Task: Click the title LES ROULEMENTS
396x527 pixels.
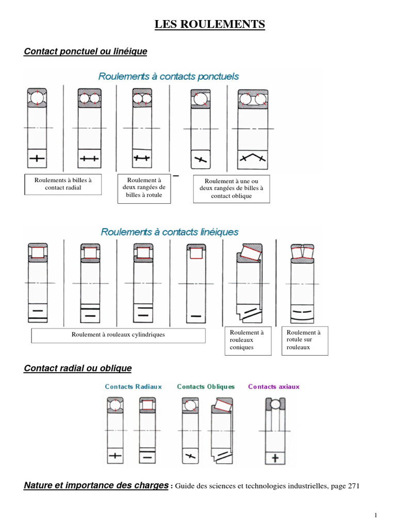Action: (210, 24)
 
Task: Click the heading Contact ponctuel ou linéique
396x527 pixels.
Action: (86, 51)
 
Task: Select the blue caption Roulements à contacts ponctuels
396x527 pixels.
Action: (169, 76)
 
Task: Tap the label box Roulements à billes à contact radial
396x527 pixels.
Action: (63, 184)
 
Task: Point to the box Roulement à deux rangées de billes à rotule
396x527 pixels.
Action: (144, 188)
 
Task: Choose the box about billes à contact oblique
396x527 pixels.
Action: (231, 188)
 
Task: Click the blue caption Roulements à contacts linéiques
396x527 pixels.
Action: (170, 232)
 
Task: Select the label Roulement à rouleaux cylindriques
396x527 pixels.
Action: (118, 335)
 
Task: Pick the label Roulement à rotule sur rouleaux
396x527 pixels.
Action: (305, 340)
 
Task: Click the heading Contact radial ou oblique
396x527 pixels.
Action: (78, 368)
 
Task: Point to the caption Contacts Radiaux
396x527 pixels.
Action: (133, 387)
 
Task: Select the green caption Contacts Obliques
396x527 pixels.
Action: (206, 387)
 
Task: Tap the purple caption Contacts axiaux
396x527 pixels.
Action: (274, 387)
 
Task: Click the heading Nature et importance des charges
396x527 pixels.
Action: (96, 485)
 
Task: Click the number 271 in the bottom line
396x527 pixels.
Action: (352, 486)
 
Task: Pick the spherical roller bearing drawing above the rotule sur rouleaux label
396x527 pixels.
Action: (302, 286)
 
